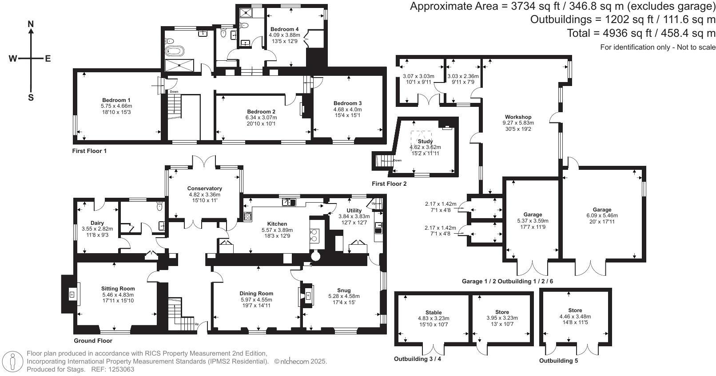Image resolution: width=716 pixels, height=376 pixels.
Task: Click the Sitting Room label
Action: (x=118, y=289)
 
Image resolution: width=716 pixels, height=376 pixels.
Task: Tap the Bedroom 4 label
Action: (x=284, y=29)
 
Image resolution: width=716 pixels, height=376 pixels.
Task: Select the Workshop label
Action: (x=518, y=117)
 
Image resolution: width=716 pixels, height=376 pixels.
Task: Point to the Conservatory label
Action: (x=205, y=188)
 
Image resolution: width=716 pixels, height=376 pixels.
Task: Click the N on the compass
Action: (x=31, y=24)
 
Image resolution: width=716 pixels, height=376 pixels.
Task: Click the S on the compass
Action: (x=31, y=98)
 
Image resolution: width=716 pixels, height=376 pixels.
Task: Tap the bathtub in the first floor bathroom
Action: (x=175, y=51)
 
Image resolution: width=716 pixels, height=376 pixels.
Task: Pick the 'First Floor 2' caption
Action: (x=389, y=184)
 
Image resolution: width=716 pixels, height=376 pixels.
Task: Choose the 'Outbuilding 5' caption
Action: (x=558, y=360)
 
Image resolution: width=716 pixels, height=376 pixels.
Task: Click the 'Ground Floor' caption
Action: (x=93, y=341)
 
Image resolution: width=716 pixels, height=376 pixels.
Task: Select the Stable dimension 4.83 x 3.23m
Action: (x=434, y=318)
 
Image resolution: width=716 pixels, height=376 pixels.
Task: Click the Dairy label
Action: (x=97, y=223)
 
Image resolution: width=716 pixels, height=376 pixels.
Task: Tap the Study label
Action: (x=425, y=141)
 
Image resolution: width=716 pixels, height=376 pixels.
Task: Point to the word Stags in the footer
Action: (x=76, y=369)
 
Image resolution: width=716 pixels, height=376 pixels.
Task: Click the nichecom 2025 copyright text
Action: (x=300, y=361)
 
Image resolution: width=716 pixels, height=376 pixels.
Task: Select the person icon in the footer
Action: (x=12, y=362)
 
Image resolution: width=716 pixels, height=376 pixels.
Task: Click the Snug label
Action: (x=344, y=290)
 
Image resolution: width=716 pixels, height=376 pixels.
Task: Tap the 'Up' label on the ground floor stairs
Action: (x=197, y=324)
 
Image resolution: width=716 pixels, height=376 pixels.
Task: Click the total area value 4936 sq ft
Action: (x=610, y=33)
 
